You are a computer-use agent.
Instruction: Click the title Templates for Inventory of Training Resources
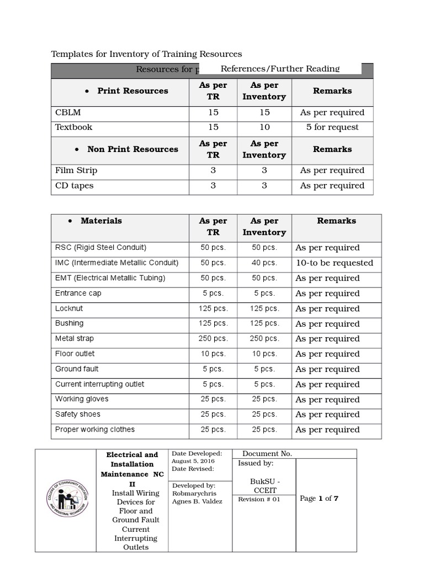tap(146, 54)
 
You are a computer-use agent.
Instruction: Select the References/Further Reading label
tap(280, 69)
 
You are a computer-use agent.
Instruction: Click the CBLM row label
tap(68, 112)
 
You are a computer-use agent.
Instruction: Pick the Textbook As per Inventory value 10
tap(264, 127)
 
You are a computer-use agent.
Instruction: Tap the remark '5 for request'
tap(332, 127)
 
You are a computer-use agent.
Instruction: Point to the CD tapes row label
tap(74, 186)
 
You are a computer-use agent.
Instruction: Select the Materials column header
tap(101, 221)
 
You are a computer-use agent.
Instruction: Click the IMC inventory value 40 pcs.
tap(264, 263)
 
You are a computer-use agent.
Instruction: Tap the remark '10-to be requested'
tap(334, 263)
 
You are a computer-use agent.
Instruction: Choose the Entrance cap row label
tap(78, 293)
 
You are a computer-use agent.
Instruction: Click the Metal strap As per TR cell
tap(213, 339)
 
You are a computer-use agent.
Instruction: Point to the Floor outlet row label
tap(75, 354)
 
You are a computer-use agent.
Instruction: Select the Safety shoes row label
tap(78, 414)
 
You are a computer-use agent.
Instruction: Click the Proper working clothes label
tap(95, 429)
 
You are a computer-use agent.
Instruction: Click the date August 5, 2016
tap(193, 461)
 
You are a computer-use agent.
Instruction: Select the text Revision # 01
tap(259, 499)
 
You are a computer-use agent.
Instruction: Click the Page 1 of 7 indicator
tap(319, 499)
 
